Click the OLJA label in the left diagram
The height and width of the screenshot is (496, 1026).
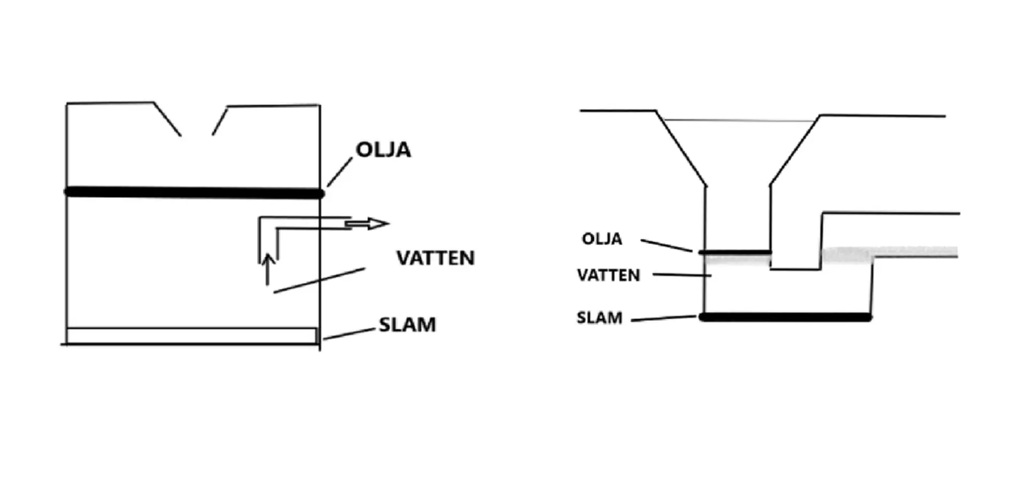tap(383, 150)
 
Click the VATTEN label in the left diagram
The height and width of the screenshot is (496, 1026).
tap(435, 258)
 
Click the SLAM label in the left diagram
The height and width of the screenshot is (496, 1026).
tap(407, 324)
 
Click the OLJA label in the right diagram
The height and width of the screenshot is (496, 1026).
tap(602, 238)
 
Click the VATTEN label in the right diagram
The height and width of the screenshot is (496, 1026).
tap(608, 275)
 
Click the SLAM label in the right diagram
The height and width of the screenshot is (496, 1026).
tap(600, 317)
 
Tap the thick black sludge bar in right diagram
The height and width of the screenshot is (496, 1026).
tap(786, 317)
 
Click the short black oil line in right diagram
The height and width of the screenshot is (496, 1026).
tap(735, 252)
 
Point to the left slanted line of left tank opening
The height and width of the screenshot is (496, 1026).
tap(167, 119)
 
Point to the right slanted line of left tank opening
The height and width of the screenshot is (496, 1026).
tap(220, 121)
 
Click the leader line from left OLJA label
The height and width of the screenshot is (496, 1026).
tap(340, 172)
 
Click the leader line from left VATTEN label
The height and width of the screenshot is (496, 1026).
tap(320, 281)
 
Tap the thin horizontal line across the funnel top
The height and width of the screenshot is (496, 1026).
tap(737, 120)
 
